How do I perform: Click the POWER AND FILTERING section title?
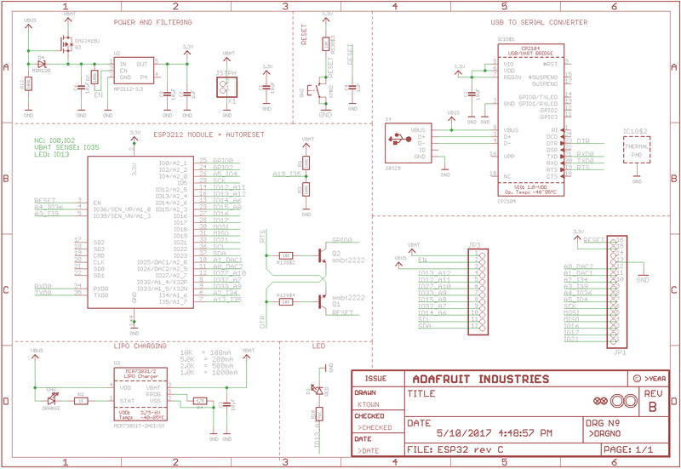click(x=152, y=22)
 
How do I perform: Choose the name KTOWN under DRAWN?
click(x=368, y=406)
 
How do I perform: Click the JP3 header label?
click(x=474, y=245)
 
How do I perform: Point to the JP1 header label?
click(x=620, y=350)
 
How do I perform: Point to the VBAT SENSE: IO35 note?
click(x=66, y=147)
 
